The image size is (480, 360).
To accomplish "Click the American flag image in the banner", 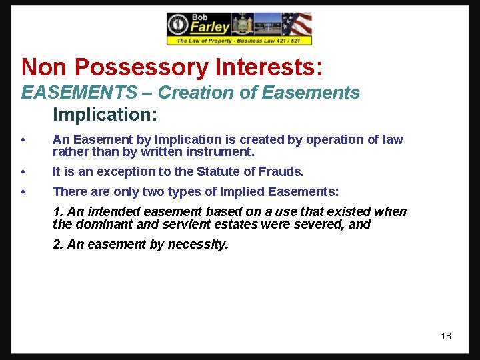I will coord(297,24).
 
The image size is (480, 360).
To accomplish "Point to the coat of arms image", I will coord(242,24).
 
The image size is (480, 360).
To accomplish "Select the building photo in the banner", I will coord(267,25).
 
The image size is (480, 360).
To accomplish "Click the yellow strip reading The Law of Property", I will coord(239,41).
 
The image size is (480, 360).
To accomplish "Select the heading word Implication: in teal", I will coord(105,115).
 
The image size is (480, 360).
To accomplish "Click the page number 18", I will coord(446,336).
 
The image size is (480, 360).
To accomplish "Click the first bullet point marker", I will coord(23,140).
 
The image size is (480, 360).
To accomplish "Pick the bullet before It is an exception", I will coord(23,172).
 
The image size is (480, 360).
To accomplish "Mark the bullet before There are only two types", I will coord(23,193).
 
